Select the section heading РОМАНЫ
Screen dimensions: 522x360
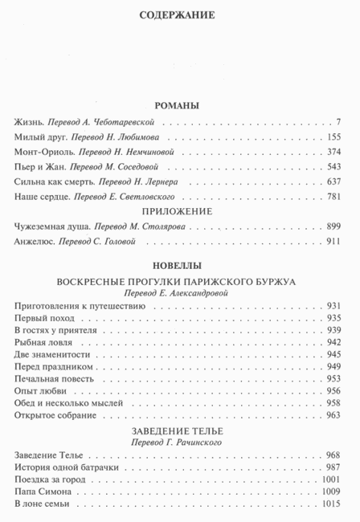179,105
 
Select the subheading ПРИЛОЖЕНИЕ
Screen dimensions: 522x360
179,212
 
